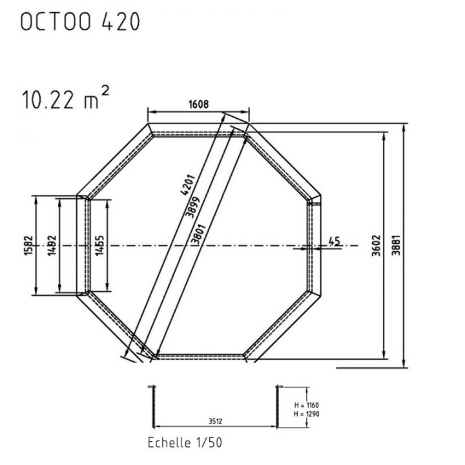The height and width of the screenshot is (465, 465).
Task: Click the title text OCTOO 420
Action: pos(80,22)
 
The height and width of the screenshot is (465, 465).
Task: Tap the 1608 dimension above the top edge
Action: pos(198,103)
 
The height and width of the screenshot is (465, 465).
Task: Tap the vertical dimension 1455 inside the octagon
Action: pos(99,245)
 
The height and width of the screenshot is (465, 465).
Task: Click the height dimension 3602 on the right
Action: pos(377,246)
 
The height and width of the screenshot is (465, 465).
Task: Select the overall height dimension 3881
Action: pos(395,246)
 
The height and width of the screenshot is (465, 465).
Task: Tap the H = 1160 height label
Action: pos(301,404)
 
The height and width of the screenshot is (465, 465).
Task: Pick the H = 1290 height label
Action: pos(301,413)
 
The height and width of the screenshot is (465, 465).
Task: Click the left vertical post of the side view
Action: pos(152,406)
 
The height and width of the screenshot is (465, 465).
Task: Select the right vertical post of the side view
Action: pos(278,406)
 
